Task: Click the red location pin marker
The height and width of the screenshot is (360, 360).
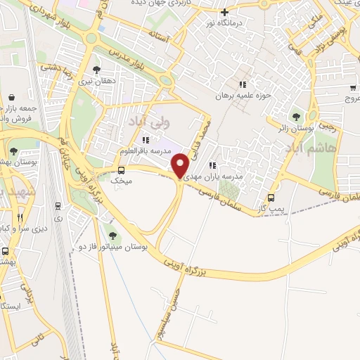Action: pyautogui.click(x=180, y=166)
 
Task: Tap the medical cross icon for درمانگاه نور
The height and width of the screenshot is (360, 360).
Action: pyautogui.click(x=224, y=12)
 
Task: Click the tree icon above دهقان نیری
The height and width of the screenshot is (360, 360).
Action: pyautogui.click(x=96, y=69)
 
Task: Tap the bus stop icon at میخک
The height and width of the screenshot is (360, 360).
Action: pyautogui.click(x=121, y=169)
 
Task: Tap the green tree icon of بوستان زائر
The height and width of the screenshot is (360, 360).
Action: pyautogui.click(x=296, y=116)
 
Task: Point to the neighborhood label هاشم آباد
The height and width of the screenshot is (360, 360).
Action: pyautogui.click(x=304, y=148)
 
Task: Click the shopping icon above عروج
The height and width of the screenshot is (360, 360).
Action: pyautogui.click(x=352, y=89)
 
